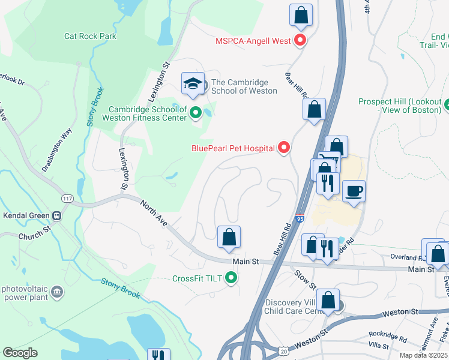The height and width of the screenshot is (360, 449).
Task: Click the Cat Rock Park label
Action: pos(90,36)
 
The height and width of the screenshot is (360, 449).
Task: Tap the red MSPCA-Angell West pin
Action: pos(300,41)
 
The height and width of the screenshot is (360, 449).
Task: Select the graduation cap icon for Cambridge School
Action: pos(193,83)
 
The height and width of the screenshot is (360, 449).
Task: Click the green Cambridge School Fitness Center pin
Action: pos(195,112)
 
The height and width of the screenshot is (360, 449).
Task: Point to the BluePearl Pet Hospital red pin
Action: pos(284,147)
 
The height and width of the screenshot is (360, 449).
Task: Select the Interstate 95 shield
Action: pos(299,219)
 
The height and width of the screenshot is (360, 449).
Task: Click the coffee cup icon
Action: pos(354,191)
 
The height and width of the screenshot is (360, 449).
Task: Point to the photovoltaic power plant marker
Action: pos(57,292)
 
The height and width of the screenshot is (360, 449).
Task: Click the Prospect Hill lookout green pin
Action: pos(447,106)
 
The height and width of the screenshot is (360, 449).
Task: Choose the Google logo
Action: pos(20,353)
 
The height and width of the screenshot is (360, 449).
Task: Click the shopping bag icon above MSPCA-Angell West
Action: pos(301,14)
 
